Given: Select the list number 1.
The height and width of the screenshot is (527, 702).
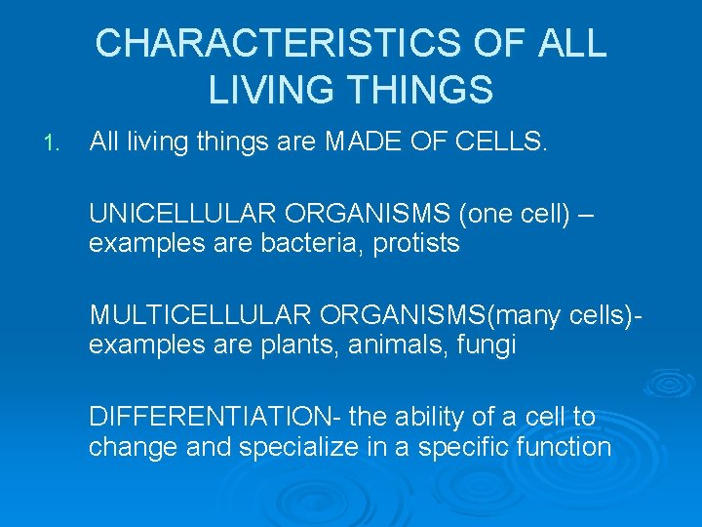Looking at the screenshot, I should click(52, 144).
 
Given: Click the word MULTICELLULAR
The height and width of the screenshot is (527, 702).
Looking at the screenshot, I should click(199, 316).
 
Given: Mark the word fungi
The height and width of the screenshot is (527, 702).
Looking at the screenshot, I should click(487, 345).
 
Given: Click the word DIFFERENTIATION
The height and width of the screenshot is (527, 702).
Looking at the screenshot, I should click(211, 418).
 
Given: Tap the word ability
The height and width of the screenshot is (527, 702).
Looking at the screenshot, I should click(434, 418).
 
